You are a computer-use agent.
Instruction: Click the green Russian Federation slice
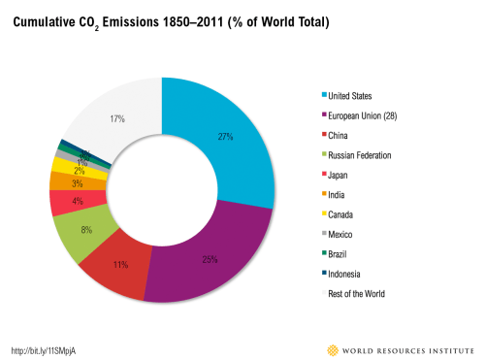pyautogui.click(x=75, y=229)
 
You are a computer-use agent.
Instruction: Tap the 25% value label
pyautogui.click(x=209, y=259)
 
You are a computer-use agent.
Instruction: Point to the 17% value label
pyautogui.click(x=117, y=118)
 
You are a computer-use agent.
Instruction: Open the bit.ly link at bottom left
pyautogui.click(x=44, y=350)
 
